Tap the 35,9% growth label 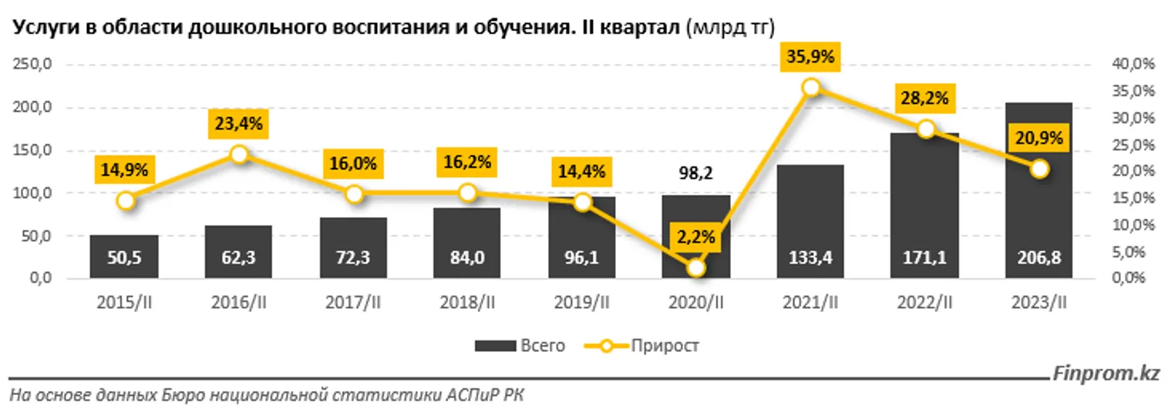pyautogui.click(x=810, y=57)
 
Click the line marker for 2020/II pyautogui.click(x=696, y=267)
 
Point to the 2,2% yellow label pyautogui.click(x=697, y=236)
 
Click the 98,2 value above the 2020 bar pyautogui.click(x=697, y=173)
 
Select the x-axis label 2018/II pyautogui.click(x=467, y=304)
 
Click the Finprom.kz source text pyautogui.click(x=1106, y=375)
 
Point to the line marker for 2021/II pyautogui.click(x=810, y=88)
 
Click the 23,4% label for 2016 pyautogui.click(x=239, y=122)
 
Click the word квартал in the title pyautogui.click(x=639, y=28)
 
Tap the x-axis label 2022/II pyautogui.click(x=925, y=304)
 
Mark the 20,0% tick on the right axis pyautogui.click(x=1127, y=171)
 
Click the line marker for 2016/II pyautogui.click(x=239, y=154)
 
